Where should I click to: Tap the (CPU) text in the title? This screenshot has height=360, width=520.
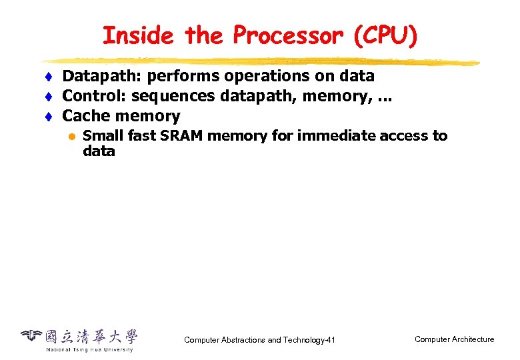(386, 35)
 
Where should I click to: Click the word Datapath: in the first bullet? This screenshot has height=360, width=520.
(96, 76)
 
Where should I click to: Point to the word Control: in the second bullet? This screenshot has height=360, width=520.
(91, 96)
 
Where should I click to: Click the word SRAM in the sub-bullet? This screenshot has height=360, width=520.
(182, 136)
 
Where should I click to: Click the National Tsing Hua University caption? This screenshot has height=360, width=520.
(89, 349)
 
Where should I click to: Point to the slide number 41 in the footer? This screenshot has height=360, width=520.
(330, 340)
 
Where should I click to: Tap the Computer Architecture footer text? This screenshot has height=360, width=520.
(454, 339)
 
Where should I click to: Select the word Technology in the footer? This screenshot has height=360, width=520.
(303, 340)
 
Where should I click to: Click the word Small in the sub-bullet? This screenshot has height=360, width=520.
(101, 136)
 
